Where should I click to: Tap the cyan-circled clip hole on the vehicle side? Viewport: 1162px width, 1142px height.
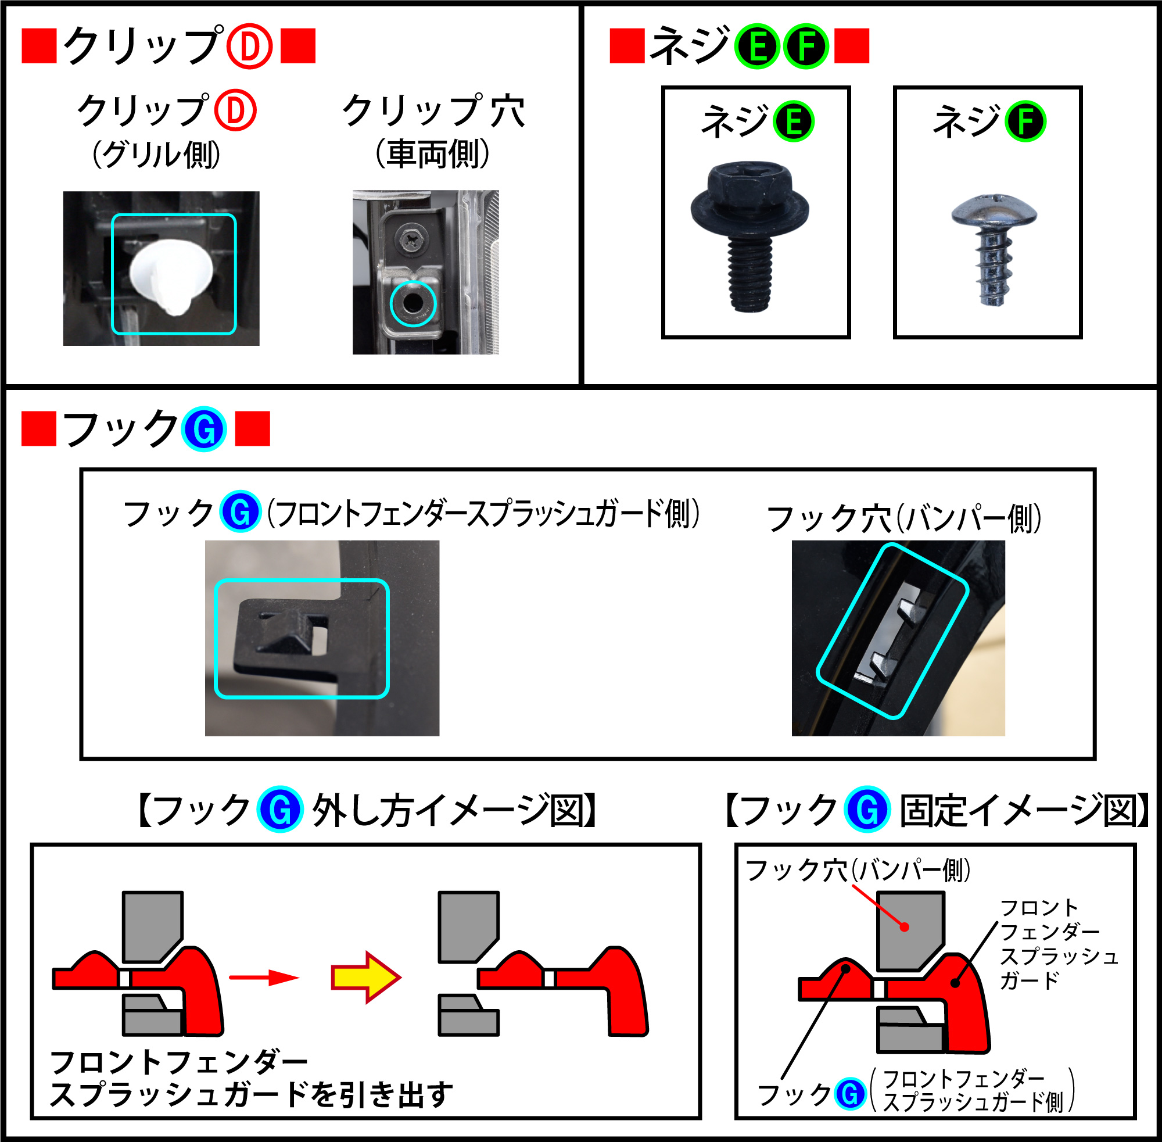pos(413,303)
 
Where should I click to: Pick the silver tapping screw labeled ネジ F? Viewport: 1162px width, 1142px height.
pos(994,246)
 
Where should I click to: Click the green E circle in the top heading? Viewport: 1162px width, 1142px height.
pos(758,46)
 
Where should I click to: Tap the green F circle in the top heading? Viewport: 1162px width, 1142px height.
pos(806,46)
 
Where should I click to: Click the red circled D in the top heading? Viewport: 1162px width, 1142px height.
pos(249,46)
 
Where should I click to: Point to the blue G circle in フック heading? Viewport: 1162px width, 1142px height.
pos(204,429)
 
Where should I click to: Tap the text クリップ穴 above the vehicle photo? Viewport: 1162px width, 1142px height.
pos(433,111)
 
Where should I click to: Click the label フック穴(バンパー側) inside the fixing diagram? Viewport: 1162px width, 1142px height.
pos(858,870)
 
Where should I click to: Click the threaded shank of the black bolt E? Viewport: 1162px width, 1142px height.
pos(749,274)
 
